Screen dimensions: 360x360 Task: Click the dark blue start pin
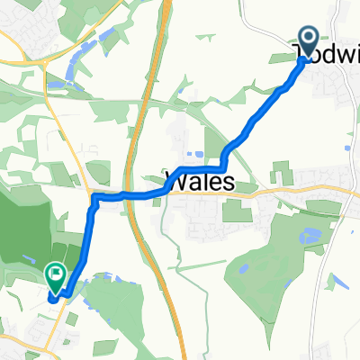(x=308, y=41)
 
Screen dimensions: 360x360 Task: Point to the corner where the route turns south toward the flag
(x=93, y=202)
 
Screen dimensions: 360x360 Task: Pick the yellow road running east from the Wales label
(x=297, y=191)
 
